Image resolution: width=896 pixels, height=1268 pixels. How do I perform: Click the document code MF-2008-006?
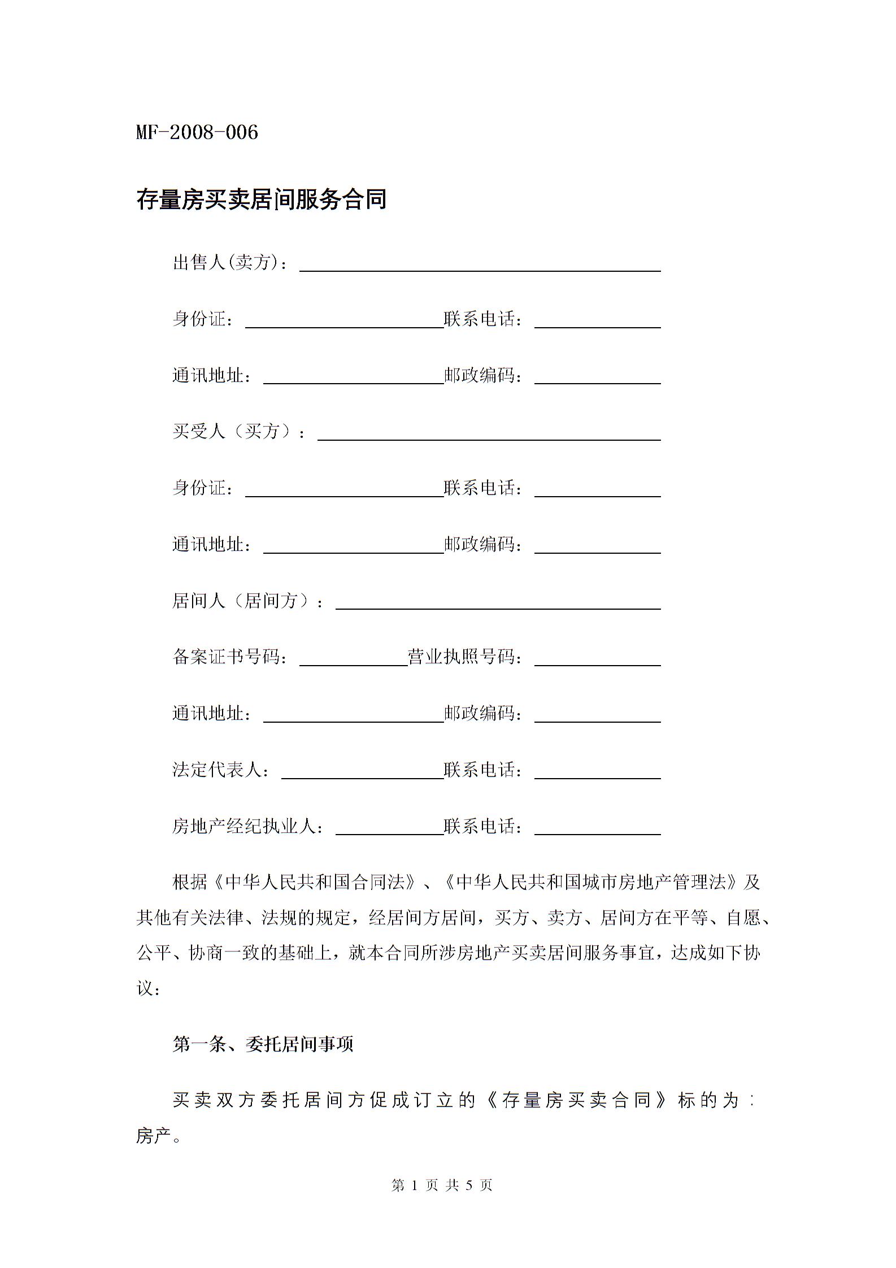coord(197,133)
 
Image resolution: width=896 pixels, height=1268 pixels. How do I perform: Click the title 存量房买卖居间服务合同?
coord(261,199)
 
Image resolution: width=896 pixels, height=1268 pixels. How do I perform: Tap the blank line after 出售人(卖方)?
coord(479,266)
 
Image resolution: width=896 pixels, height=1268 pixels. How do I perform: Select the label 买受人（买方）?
coord(237,432)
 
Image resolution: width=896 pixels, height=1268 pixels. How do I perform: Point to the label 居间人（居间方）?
coord(246,601)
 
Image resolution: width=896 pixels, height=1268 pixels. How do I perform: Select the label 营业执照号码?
coord(462,657)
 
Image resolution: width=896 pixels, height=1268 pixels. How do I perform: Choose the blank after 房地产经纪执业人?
coord(389,830)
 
